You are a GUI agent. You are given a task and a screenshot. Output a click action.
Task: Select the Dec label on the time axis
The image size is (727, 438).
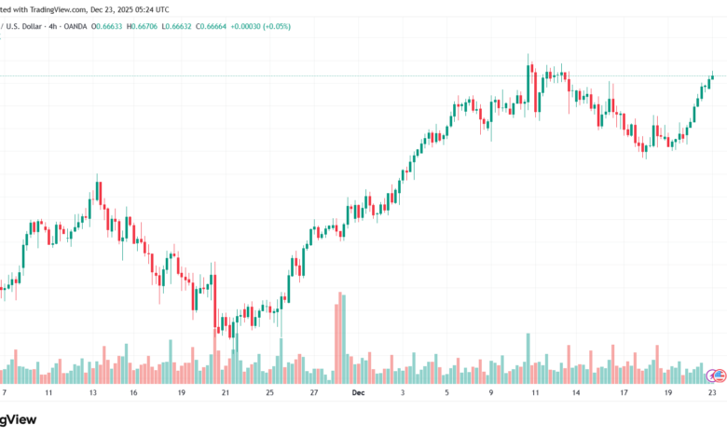click(x=357, y=393)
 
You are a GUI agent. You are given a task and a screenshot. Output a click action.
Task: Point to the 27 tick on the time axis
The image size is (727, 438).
click(x=314, y=393)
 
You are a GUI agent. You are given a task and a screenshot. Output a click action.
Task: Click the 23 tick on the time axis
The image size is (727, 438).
click(x=711, y=393)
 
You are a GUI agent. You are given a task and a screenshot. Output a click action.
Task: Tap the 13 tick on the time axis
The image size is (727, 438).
click(x=93, y=393)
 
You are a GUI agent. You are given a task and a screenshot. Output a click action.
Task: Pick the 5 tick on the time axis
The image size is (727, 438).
click(x=446, y=393)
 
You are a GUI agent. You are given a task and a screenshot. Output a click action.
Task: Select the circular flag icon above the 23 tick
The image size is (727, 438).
click(x=715, y=375)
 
